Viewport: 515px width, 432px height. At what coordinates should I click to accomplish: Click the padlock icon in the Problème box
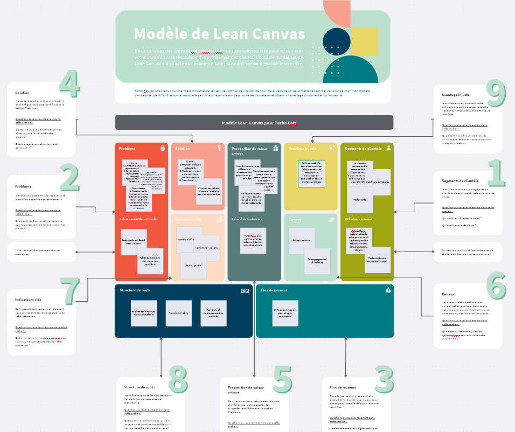[162, 148]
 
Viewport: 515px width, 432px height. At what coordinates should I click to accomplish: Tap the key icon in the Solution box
[219, 148]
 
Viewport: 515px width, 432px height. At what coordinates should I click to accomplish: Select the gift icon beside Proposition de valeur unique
[276, 148]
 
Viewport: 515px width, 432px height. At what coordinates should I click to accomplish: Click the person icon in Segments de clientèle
[388, 148]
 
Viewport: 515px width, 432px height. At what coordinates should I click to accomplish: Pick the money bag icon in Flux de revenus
[388, 290]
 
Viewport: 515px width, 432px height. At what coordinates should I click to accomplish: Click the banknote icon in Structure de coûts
[245, 290]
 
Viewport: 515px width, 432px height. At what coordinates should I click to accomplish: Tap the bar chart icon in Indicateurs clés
[219, 219]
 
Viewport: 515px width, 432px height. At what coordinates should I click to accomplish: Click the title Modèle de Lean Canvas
[219, 34]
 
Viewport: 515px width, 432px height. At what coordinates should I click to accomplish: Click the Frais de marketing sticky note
[179, 313]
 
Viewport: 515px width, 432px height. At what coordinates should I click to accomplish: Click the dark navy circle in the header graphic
[336, 41]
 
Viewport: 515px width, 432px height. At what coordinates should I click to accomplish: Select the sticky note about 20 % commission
[285, 313]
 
